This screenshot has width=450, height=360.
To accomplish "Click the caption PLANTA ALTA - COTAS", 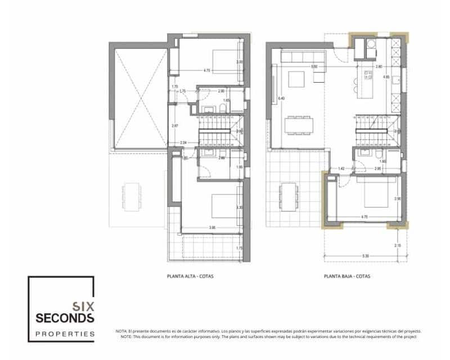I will coord(191,276).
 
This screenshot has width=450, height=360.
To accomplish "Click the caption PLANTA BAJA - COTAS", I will coord(348,276).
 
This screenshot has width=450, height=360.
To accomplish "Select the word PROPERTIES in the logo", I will coord(64,334).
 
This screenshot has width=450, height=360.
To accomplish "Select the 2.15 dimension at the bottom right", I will coord(398,245).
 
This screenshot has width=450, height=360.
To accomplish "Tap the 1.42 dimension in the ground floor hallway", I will coord(341,168).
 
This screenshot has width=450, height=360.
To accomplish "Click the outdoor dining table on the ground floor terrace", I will coord(289,196).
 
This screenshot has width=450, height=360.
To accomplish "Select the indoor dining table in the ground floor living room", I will coord(299,125).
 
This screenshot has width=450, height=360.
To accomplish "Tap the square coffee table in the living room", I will coord(296,79).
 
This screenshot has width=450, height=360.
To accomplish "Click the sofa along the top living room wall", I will coord(299,57).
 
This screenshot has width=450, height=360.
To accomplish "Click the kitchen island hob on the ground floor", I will coord(368,74).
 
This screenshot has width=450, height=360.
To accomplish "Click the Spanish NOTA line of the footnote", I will coord(268,331).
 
